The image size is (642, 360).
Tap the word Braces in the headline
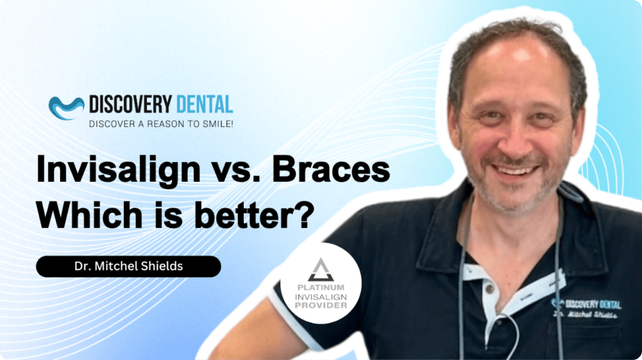coord(331,169)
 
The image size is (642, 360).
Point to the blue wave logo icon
coord(66,108)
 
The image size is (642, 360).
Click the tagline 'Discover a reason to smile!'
coord(161,124)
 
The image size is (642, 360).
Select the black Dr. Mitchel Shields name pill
coord(129,266)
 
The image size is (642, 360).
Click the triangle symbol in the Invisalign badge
coord(320,270)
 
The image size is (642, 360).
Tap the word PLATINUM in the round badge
coord(320,287)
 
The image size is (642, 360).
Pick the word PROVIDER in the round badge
coord(320,306)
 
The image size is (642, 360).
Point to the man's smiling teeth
coord(515,169)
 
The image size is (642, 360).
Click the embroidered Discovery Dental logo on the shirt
coord(586,304)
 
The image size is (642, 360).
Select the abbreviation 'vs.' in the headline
coord(236,171)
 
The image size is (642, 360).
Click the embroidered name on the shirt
coord(585,314)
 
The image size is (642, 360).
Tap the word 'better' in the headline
coord(241,214)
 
